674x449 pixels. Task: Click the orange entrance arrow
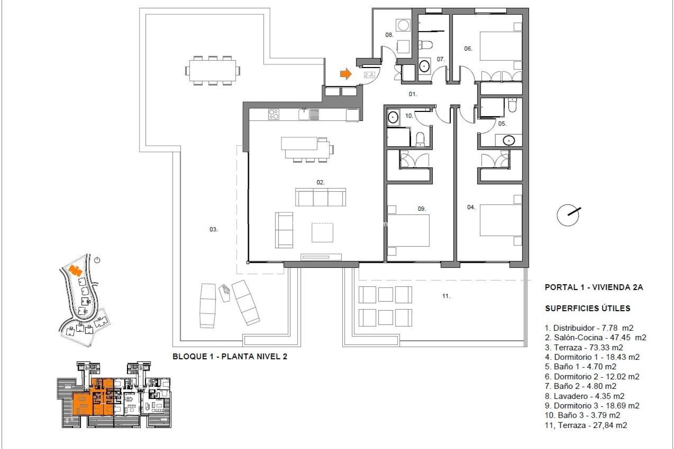click(x=345, y=74)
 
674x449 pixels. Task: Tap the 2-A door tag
click(x=369, y=75)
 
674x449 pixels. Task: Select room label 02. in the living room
click(x=320, y=182)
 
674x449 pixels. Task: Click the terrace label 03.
click(x=213, y=229)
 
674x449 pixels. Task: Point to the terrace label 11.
click(x=446, y=296)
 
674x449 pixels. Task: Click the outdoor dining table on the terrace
click(x=213, y=71)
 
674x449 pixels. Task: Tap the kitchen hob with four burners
click(x=274, y=114)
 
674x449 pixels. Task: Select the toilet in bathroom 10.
click(x=420, y=140)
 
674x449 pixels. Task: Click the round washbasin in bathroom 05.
click(x=509, y=140)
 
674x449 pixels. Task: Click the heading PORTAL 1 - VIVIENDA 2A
click(x=594, y=287)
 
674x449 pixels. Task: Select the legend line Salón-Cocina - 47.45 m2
click(x=595, y=337)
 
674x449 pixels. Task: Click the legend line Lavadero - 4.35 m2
click(x=584, y=396)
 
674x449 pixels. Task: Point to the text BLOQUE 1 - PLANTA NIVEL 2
click(x=230, y=357)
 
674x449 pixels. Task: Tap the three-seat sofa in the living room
click(x=320, y=197)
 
